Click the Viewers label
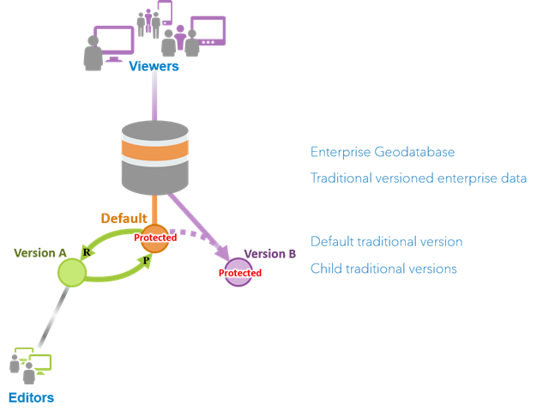[154, 66]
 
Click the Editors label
[31, 397]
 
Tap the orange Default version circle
[155, 238]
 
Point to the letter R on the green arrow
[87, 251]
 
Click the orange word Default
[124, 218]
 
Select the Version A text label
[40, 252]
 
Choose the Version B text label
[270, 253]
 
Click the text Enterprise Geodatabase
[383, 152]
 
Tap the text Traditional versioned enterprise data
[419, 178]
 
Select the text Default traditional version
[387, 241]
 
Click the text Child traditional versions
[383, 269]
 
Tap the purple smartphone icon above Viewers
[166, 12]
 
